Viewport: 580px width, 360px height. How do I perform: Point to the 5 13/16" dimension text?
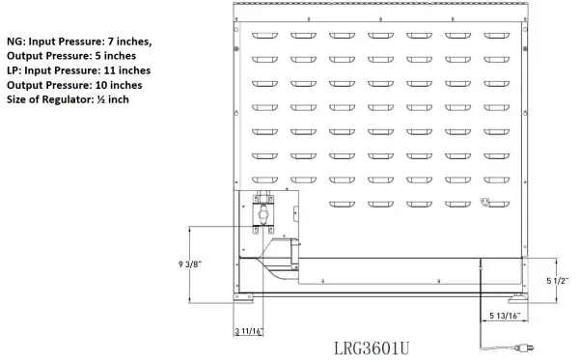click(505, 316)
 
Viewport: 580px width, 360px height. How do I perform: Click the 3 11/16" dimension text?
click(250, 332)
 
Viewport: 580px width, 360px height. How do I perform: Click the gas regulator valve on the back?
click(263, 215)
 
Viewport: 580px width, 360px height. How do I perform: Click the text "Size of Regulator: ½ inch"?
click(68, 99)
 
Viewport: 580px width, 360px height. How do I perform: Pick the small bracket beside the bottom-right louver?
click(486, 202)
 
